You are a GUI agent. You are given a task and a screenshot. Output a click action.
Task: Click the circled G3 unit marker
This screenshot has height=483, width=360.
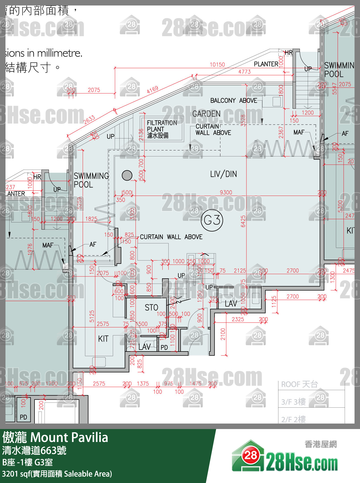coord(212,220)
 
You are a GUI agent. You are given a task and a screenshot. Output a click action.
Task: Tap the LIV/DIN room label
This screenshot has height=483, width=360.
coord(223,174)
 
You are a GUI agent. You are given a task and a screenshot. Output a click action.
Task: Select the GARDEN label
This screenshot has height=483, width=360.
coord(206,114)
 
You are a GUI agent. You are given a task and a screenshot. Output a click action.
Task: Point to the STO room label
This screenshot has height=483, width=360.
coord(151,308)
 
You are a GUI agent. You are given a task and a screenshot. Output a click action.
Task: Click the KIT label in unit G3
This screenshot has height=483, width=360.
coord(103,339)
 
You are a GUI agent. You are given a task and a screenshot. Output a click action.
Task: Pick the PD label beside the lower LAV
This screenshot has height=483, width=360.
coord(164,348)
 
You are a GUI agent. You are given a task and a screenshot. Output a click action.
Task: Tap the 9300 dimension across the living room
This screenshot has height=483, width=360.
coord(226,193)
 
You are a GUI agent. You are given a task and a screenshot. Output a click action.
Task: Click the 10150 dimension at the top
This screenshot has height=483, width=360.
coord(217,65)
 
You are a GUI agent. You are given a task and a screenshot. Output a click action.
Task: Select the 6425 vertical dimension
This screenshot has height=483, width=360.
coord(243,221)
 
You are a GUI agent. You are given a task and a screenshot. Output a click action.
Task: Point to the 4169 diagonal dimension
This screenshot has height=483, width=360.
coord(152,90)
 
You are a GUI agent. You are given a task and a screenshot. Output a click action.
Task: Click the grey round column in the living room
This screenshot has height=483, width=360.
coord(127,175)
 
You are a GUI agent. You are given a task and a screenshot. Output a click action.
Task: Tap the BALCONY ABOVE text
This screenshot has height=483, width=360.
coord(234,101)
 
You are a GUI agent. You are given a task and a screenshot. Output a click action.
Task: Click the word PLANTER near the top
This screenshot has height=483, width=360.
coord(266,64)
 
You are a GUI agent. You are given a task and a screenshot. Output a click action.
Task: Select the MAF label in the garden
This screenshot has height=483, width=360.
coord(299,132)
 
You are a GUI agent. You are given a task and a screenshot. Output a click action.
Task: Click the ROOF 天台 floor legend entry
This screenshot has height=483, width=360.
coord(299,384)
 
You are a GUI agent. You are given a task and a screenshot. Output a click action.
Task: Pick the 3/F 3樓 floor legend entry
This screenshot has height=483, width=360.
coord(293,402)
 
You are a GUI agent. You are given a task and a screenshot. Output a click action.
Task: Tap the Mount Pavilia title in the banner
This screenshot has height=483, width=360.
coord(69,438)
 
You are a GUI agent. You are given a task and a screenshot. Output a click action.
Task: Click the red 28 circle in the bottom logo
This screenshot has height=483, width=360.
coord(250,456)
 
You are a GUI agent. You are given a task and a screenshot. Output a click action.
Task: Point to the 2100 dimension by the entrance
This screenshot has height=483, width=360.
coord(223,334)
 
